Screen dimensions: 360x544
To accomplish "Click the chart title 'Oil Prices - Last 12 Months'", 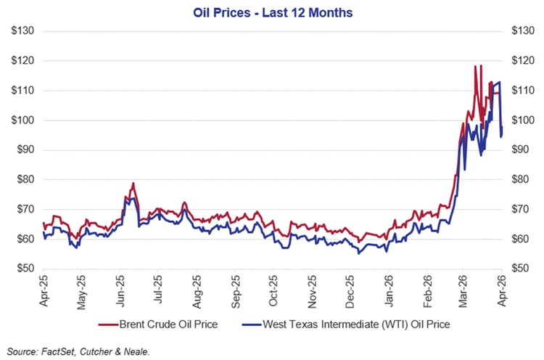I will point(271,12).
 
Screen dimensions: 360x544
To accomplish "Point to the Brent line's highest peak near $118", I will point(476,67).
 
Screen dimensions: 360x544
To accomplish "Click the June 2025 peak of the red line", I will point(133,183).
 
